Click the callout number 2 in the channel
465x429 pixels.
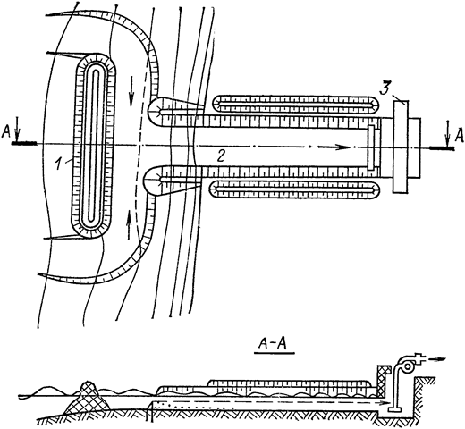coord(221,156)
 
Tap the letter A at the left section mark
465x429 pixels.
coord(6,132)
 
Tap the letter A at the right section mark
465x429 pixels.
coord(460,135)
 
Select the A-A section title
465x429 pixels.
coord(274,345)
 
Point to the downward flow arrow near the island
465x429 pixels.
coord(131,91)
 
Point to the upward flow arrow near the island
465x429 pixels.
coord(129,224)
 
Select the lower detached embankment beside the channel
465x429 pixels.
coord(294,189)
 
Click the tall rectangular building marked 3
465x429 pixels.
coord(401,147)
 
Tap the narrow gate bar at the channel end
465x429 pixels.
coord(371,147)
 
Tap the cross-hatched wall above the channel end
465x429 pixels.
coord(383,382)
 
